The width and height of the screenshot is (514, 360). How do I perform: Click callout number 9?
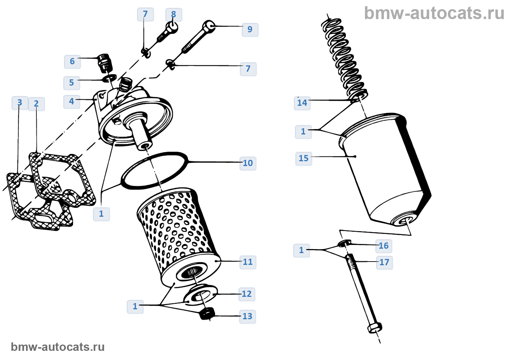tap(250, 29)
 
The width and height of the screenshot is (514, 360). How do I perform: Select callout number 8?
tap(174, 14)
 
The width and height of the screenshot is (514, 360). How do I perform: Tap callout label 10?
tap(248, 163)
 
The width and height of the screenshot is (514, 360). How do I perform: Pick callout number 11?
tap(248, 262)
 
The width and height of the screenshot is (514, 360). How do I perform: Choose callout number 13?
tap(247, 316)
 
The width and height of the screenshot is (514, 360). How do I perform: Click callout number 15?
tap(304, 158)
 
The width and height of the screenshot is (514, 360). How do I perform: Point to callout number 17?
tap(384, 262)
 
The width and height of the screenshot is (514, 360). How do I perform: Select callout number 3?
tap(20, 102)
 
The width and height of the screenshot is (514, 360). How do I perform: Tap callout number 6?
tap(72, 61)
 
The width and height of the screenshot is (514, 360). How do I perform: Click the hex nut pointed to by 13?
tap(207, 313)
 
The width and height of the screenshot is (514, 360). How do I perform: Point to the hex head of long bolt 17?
tap(374, 327)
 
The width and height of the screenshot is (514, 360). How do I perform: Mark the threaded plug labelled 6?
tap(104, 62)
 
